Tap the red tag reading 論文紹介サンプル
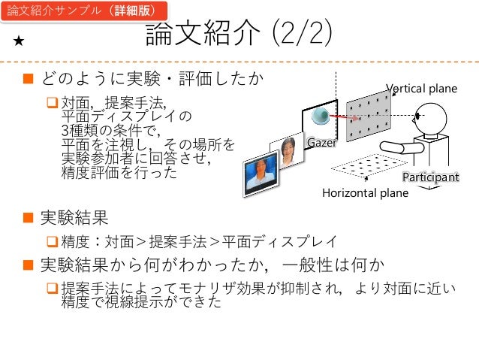(x=80, y=12)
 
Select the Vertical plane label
(x=421, y=89)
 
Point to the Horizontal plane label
(x=365, y=193)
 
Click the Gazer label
(x=321, y=142)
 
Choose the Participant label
(x=430, y=177)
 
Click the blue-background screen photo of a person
(x=261, y=174)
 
